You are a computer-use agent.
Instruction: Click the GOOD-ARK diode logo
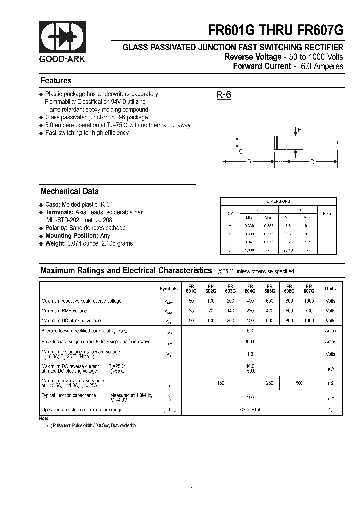click(62, 38)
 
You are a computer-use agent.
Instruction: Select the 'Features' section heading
click(56, 81)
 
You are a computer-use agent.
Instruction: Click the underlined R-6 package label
click(223, 95)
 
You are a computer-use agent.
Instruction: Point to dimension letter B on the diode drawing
click(300, 131)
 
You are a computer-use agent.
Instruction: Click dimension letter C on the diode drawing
click(240, 152)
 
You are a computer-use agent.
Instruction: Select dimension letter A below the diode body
click(280, 162)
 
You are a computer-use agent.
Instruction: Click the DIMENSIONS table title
click(278, 201)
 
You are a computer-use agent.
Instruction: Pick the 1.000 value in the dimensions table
click(248, 250)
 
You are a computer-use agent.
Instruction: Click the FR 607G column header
click(309, 288)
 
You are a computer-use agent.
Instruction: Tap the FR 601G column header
click(191, 288)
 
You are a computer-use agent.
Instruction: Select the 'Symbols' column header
click(168, 289)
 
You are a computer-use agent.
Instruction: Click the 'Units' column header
click(330, 289)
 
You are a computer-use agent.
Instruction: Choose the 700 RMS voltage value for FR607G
click(309, 311)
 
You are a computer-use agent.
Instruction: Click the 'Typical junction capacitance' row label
click(69, 395)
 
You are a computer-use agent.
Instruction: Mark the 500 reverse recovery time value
click(299, 383)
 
